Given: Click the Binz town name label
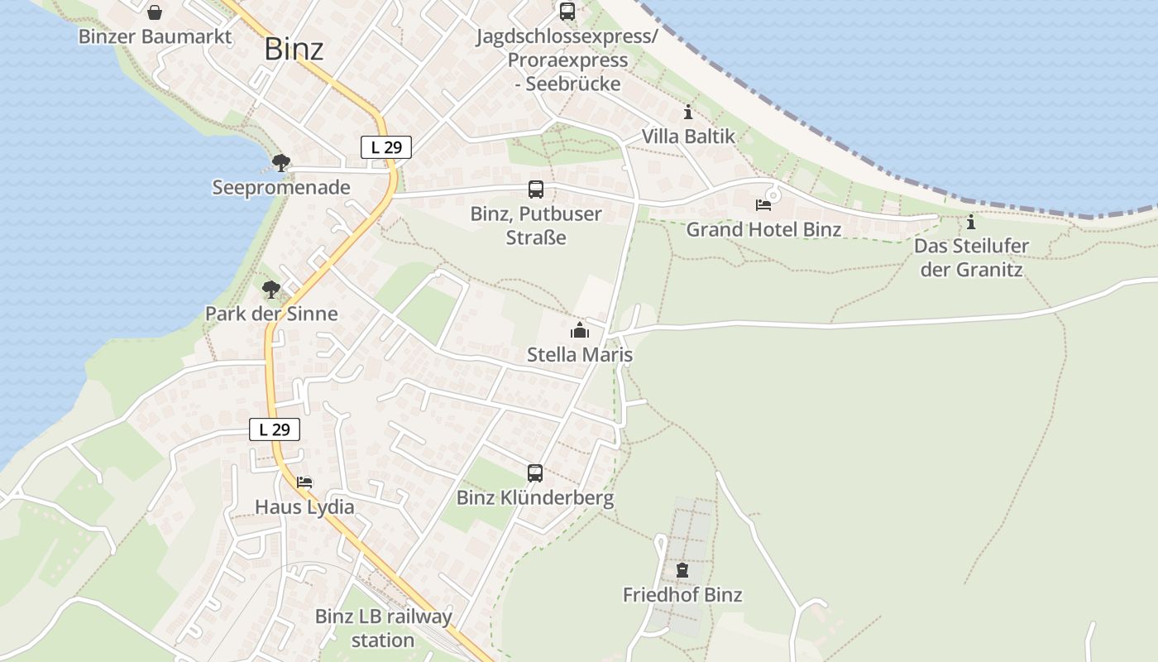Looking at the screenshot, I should click(x=294, y=49).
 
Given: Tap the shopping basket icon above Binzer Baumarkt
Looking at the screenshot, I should click(x=155, y=12).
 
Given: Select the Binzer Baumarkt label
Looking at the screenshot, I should click(x=155, y=36).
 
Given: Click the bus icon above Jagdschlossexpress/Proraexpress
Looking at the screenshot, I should click(x=567, y=12).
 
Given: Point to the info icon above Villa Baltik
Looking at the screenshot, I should click(x=688, y=113).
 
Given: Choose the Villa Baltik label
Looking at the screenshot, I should click(x=688, y=137).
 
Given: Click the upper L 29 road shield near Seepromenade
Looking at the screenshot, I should click(x=386, y=148).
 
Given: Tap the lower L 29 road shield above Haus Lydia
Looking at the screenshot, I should click(x=275, y=429).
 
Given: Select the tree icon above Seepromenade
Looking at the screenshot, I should click(x=281, y=162).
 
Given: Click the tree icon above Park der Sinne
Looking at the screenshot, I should click(x=270, y=290).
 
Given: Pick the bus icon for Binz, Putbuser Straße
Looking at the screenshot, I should click(x=536, y=189).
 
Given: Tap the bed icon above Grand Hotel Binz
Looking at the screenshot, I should click(x=763, y=204).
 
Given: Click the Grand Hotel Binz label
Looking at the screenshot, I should click(x=763, y=229).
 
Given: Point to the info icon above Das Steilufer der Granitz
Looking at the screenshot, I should click(x=971, y=222).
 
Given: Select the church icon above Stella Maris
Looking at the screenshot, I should click(x=580, y=331).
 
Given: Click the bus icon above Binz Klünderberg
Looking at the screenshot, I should click(x=535, y=473).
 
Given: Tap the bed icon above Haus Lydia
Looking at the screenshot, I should click(x=304, y=482).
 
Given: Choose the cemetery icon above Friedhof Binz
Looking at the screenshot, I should click(x=682, y=570).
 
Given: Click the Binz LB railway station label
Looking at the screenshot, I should click(x=383, y=628).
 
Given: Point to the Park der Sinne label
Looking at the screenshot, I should click(x=271, y=314).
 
